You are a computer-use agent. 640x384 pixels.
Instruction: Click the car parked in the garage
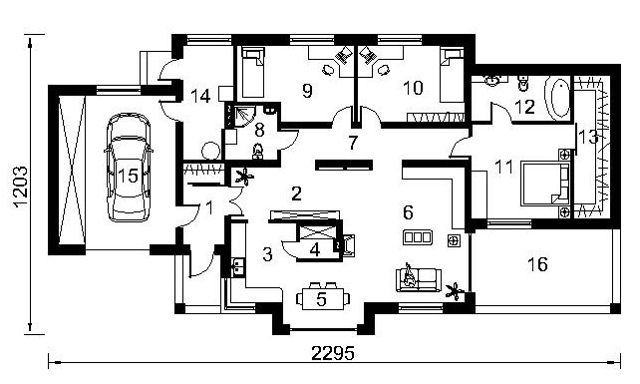128,168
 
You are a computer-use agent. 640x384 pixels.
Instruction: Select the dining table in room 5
322,299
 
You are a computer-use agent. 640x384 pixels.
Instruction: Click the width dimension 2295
332,353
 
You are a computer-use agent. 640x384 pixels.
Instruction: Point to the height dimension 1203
20,187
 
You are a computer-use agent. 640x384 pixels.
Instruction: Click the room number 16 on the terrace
537,264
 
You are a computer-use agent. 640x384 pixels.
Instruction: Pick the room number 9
307,91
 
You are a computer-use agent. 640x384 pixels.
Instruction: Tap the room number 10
413,88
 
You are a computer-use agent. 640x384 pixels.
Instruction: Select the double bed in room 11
545,184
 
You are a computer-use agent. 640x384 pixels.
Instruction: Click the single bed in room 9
252,72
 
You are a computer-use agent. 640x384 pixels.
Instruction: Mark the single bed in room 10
452,75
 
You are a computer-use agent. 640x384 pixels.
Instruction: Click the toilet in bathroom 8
257,151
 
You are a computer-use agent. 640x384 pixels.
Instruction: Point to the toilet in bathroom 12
522,83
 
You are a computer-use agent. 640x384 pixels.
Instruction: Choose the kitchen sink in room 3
236,266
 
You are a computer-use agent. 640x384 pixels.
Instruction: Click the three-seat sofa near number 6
417,237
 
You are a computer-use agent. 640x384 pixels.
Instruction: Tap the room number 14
200,97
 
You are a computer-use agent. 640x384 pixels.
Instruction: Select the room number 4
315,249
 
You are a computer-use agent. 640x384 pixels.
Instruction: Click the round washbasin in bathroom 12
492,81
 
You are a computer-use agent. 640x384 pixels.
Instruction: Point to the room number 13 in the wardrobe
588,137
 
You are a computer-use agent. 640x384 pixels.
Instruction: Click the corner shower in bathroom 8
240,116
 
